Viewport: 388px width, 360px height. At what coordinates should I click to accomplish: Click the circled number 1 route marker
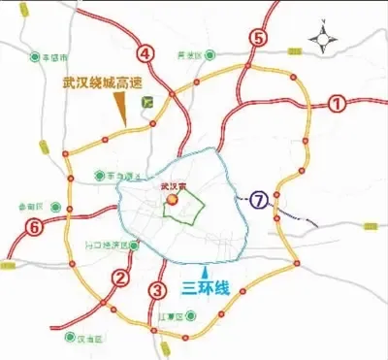coord(337,102)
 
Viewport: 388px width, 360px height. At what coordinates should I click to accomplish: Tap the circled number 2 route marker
coord(121,278)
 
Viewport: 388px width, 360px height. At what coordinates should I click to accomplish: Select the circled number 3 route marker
coord(158,289)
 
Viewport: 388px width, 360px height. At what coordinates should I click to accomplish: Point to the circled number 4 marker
coord(145,52)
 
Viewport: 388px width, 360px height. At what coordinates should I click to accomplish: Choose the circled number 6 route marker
coord(35,228)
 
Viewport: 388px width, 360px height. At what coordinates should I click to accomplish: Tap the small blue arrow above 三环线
coord(202,269)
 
